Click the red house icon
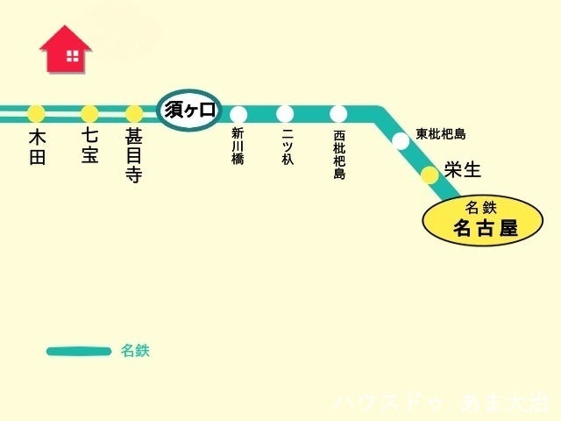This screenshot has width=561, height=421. [66, 50]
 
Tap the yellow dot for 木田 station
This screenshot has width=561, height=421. [36, 113]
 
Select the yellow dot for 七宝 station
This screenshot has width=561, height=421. [89, 113]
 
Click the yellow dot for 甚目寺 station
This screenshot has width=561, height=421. [134, 113]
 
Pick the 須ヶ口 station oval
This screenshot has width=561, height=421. [189, 111]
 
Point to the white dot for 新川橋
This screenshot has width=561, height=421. [238, 113]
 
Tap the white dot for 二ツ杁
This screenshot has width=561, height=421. [285, 113]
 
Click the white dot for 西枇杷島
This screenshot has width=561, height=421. [339, 113]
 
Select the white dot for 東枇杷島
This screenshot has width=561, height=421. [401, 140]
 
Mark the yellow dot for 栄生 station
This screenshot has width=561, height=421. [429, 175]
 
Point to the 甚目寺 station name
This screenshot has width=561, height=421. [134, 156]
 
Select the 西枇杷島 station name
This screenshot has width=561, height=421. [339, 155]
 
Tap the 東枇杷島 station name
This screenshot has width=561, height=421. [441, 134]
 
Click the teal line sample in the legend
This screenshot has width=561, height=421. [79, 352]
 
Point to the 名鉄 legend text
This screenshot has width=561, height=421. [135, 351]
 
